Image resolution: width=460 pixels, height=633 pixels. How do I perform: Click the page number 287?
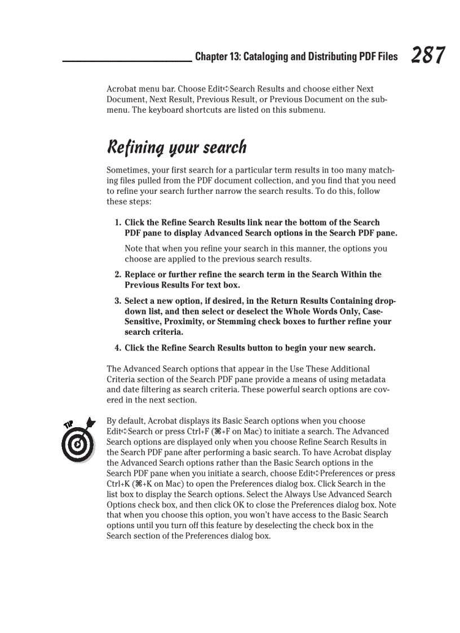[x=428, y=56]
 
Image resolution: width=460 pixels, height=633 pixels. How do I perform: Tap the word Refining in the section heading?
[x=133, y=148]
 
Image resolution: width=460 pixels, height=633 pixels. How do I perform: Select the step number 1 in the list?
[x=117, y=223]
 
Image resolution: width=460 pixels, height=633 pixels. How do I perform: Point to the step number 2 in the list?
[x=117, y=275]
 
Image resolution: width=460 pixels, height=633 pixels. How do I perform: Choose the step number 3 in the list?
[x=117, y=301]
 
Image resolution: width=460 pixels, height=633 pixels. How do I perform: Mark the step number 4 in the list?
[x=117, y=348]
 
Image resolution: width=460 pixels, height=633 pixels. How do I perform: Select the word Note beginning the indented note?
[x=134, y=249]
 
